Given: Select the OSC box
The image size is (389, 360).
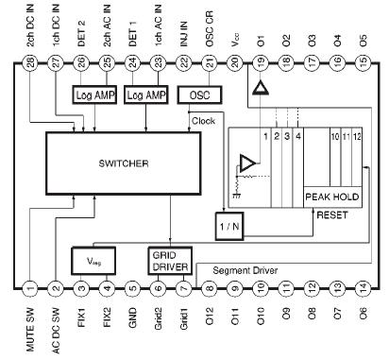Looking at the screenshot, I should click(x=199, y=96).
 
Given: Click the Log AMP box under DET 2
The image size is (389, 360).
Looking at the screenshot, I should click(x=93, y=96).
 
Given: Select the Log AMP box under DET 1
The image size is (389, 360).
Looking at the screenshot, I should click(x=144, y=96).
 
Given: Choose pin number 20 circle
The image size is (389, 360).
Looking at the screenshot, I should click(x=234, y=62).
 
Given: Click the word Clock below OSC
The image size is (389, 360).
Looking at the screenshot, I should click(x=204, y=120).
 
